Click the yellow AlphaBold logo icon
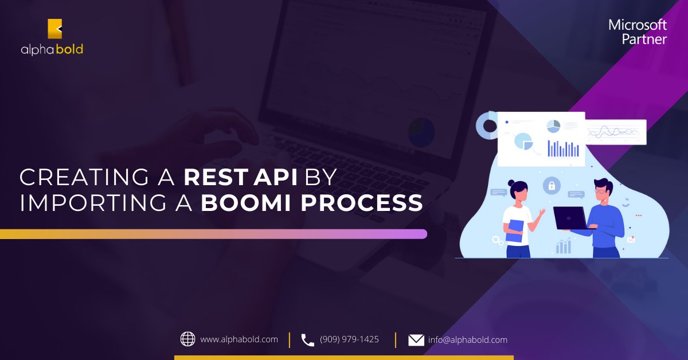click(54, 29)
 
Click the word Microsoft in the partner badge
click(638, 25)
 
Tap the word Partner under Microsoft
click(644, 39)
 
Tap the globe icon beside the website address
click(187, 339)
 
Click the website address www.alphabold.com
click(239, 339)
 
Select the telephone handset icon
click(308, 340)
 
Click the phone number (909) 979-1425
click(349, 339)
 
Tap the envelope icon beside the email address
click(416, 340)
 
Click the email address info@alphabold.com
click(467, 340)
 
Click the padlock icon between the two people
click(552, 185)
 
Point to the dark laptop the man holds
click(570, 218)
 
